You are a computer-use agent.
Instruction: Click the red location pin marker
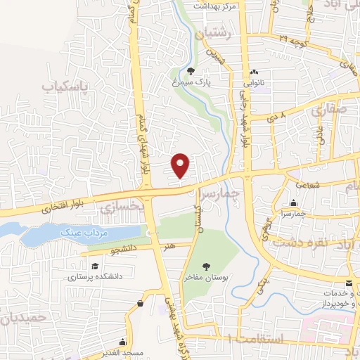coord(181,165)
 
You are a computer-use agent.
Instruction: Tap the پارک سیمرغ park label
coord(214,82)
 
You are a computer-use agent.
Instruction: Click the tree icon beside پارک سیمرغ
coord(191,70)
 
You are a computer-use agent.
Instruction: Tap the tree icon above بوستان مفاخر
coord(206,266)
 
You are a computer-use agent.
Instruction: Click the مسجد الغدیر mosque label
coord(122,351)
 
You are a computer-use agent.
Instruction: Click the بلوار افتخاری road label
coord(58,208)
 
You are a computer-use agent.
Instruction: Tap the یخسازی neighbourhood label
coord(122,207)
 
